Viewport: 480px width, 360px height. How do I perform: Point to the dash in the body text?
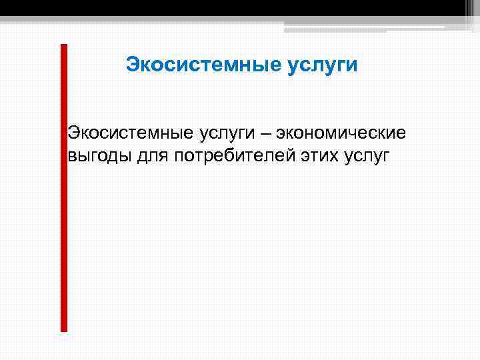pos(266,134)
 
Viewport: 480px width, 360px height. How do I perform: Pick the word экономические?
pos(341,133)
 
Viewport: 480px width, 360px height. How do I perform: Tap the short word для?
pos(155,157)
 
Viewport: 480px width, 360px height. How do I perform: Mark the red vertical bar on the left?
pos(64,187)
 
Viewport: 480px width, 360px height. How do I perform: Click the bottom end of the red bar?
pos(64,328)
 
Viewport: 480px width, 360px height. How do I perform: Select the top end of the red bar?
pos(64,47)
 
